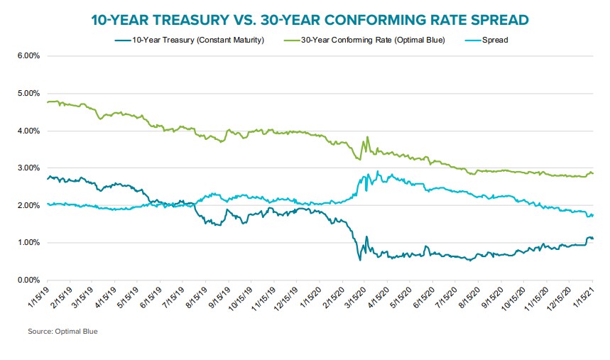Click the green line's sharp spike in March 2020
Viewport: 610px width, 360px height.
coord(367,138)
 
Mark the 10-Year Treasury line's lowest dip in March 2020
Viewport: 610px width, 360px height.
coord(360,260)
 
